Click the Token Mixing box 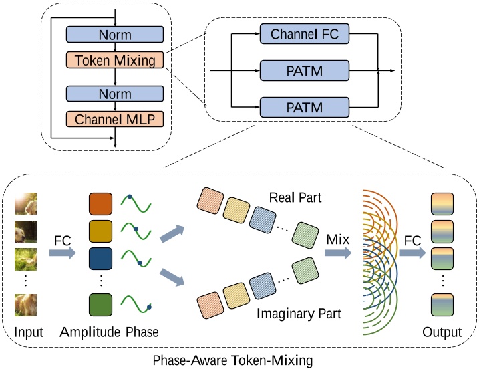[116, 61]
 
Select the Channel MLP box [116, 120]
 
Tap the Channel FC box [305, 34]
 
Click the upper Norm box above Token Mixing [116, 35]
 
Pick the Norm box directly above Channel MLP [116, 93]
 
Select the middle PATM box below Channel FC [305, 70]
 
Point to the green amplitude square [100, 305]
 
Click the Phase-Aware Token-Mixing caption [240, 359]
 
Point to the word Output [442, 332]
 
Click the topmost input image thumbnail [25, 204]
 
